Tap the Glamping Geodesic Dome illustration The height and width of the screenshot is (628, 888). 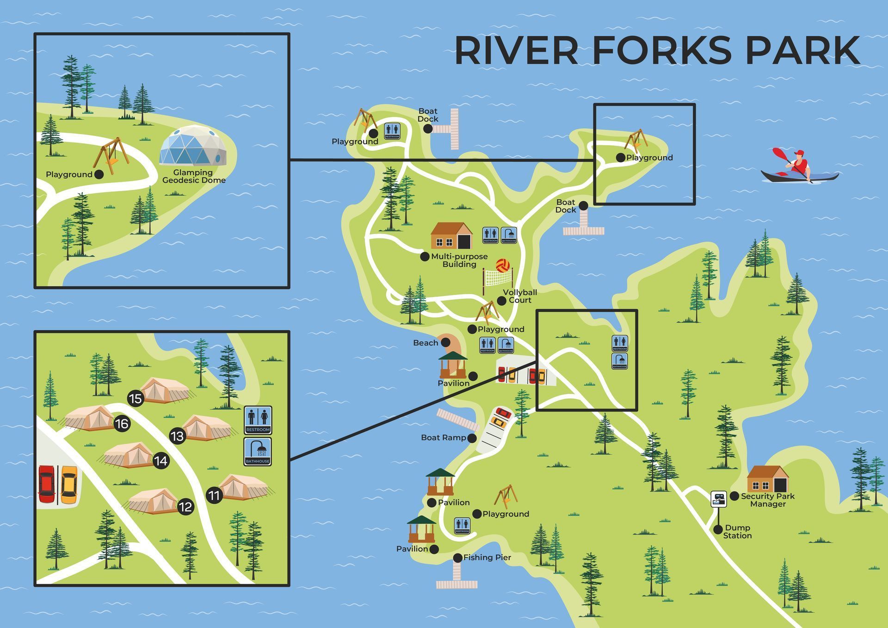[193, 146]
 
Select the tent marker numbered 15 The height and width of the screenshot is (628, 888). [136, 398]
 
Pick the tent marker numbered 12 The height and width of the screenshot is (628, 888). [185, 507]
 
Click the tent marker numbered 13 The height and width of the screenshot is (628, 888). [177, 436]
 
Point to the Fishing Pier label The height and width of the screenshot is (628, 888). [487, 557]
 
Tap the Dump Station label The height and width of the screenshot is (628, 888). [737, 531]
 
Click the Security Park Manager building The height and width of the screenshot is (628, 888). [768, 480]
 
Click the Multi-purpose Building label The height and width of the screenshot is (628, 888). [459, 260]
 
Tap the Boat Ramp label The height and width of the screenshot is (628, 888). [443, 437]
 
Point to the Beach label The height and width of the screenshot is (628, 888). [425, 343]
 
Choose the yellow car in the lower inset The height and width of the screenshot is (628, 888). [69, 485]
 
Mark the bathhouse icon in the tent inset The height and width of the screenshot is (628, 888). [258, 451]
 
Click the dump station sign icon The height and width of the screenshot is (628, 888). [718, 499]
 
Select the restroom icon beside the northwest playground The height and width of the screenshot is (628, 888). [392, 131]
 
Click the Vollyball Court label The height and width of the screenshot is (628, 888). [520, 296]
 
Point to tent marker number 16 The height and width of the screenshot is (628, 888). [122, 424]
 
